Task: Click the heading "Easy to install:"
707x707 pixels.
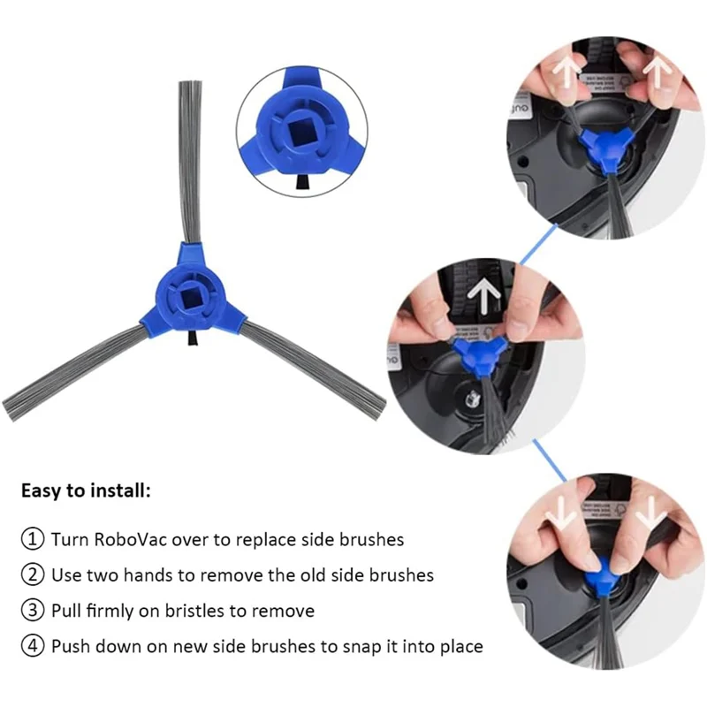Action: click(x=86, y=490)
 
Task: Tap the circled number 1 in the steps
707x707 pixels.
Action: click(x=33, y=539)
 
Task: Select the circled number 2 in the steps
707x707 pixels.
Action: click(x=33, y=574)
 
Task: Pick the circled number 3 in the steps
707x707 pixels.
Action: click(x=33, y=611)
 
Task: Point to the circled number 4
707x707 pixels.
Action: click(x=33, y=646)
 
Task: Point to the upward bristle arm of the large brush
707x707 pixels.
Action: click(x=190, y=159)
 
